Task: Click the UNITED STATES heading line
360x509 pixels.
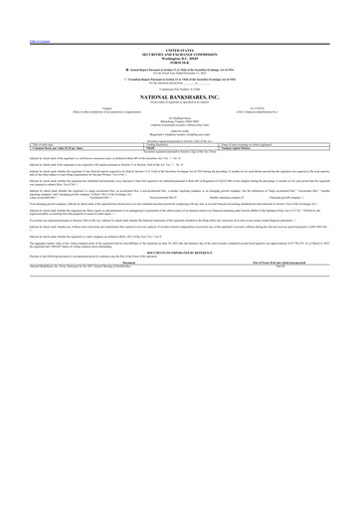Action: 180,48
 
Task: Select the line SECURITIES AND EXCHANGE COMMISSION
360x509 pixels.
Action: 180,52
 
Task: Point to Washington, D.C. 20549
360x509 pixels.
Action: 180,57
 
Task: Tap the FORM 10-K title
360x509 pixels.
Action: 180,62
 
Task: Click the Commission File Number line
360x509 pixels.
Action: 180,88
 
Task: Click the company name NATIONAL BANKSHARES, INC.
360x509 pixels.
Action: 180,98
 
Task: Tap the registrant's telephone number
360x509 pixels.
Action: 180,136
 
